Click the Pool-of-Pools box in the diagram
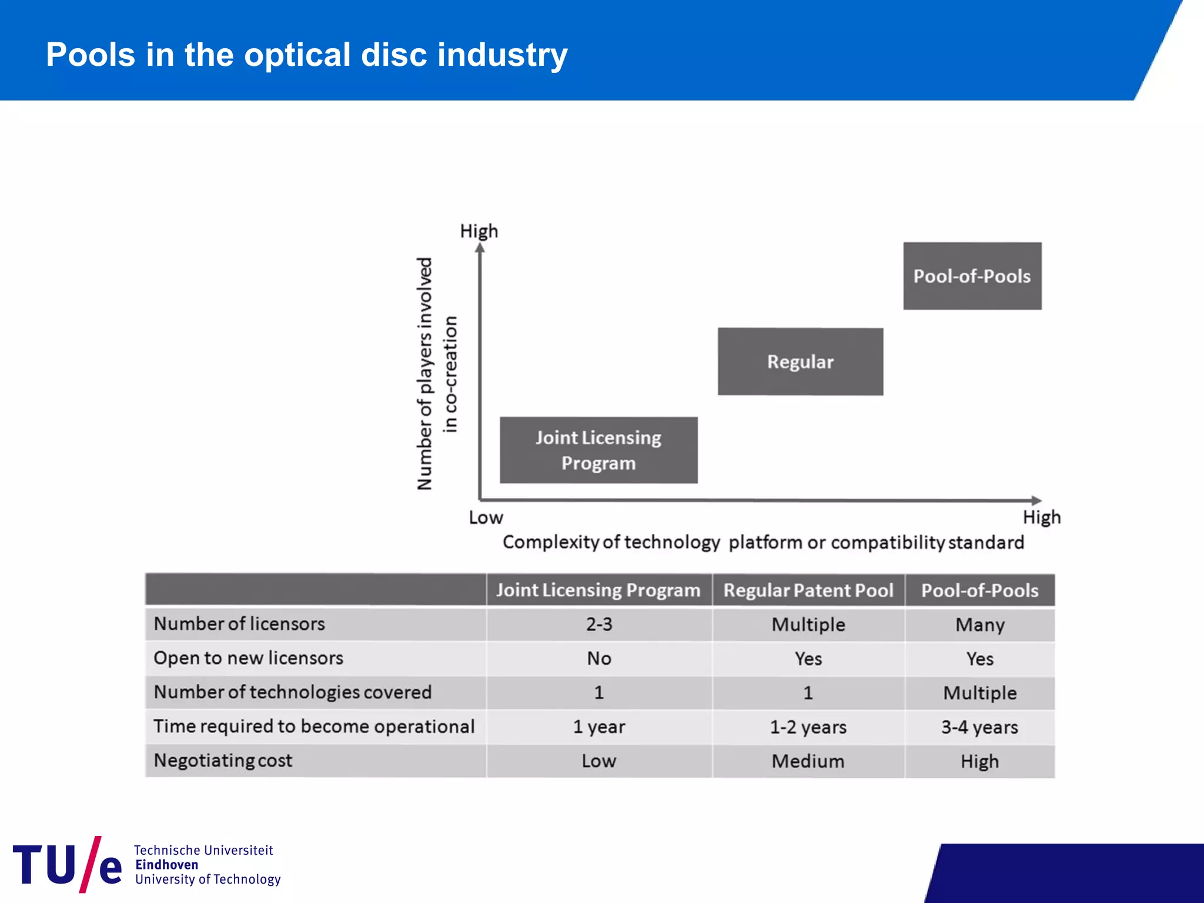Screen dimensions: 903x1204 (x=972, y=276)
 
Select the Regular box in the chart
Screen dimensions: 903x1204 (x=800, y=362)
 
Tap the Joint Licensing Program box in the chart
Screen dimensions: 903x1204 (x=598, y=450)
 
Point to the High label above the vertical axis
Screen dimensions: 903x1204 (x=479, y=231)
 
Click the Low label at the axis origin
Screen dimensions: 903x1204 (x=486, y=518)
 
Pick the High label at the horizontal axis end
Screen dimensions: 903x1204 (x=1041, y=517)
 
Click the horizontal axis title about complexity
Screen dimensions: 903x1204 (x=762, y=542)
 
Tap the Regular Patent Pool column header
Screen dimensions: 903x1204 (x=808, y=590)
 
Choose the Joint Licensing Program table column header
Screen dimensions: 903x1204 (x=598, y=590)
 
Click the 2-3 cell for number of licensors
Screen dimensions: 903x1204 (x=598, y=624)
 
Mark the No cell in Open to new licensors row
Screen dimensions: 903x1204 (x=598, y=658)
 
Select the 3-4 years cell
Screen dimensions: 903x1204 (x=979, y=727)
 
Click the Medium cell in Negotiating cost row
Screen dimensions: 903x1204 (x=808, y=761)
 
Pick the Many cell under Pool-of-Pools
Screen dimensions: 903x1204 (x=979, y=624)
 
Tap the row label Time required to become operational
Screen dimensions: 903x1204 (x=313, y=727)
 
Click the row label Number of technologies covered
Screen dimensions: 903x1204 (x=292, y=693)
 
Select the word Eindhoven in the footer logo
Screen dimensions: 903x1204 (x=166, y=865)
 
